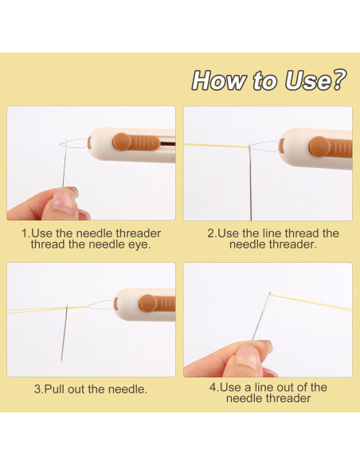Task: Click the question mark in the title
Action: pos(338,80)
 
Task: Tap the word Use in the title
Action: pos(307,80)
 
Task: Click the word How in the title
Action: pos(220,80)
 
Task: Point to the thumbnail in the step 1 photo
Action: pos(63,200)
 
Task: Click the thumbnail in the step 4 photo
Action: pos(248,356)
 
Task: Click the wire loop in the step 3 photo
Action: pos(100,303)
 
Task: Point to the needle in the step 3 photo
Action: pos(65,333)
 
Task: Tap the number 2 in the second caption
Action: pos(210,233)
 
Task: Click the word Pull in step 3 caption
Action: pos(55,389)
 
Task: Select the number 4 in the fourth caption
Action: pos(213,387)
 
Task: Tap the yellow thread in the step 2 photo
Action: pos(216,145)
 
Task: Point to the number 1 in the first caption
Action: pos(25,233)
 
